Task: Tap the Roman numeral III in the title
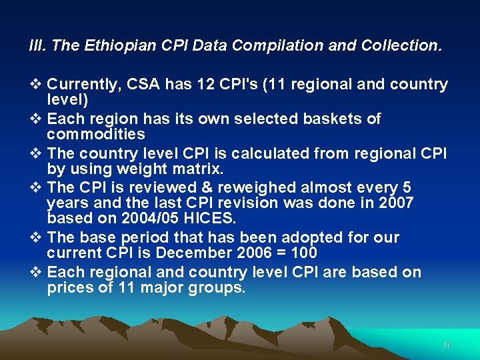point(37,45)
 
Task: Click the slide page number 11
point(447,345)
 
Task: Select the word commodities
point(96,134)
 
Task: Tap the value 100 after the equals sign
point(304,253)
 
